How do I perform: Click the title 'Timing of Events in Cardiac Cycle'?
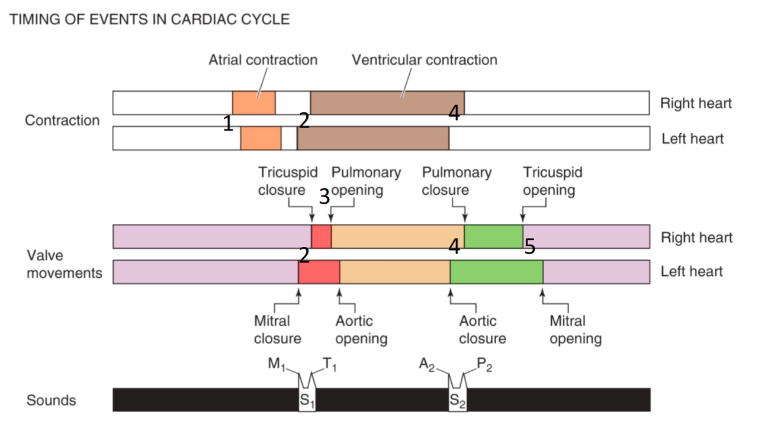tap(150, 19)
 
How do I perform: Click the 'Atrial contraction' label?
tap(262, 60)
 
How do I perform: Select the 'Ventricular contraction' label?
tap(424, 60)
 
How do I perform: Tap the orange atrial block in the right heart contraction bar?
tap(253, 103)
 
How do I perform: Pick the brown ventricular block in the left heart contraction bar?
tap(373, 139)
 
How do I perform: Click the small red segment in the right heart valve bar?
tap(321, 236)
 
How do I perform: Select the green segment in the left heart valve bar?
tap(496, 272)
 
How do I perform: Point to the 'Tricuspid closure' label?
tap(287, 181)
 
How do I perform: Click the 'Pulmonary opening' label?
tap(365, 181)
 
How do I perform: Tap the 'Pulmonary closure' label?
tap(456, 181)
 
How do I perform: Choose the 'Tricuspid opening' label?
tap(552, 181)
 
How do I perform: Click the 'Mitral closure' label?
tap(277, 330)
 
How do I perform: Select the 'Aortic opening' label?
tap(361, 330)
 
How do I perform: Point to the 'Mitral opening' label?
tap(575, 330)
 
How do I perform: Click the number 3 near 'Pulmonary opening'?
tap(324, 197)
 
